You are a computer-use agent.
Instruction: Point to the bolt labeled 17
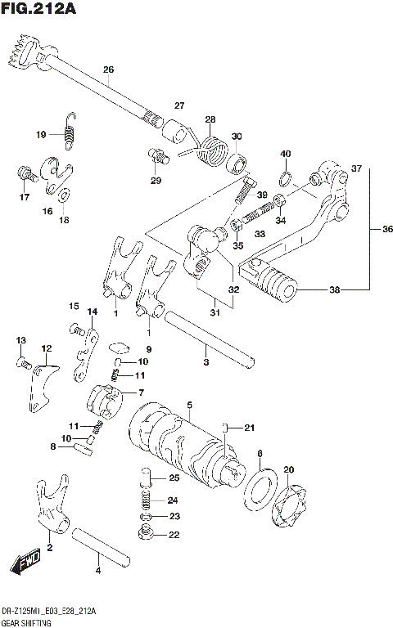pos(24,174)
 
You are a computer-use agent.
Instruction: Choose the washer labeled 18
pos(64,195)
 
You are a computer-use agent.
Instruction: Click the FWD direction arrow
pos(25,563)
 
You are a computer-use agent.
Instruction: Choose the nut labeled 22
pos(148,535)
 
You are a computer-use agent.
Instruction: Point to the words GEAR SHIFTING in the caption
pos(25,622)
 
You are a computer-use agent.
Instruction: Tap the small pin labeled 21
pos(227,428)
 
